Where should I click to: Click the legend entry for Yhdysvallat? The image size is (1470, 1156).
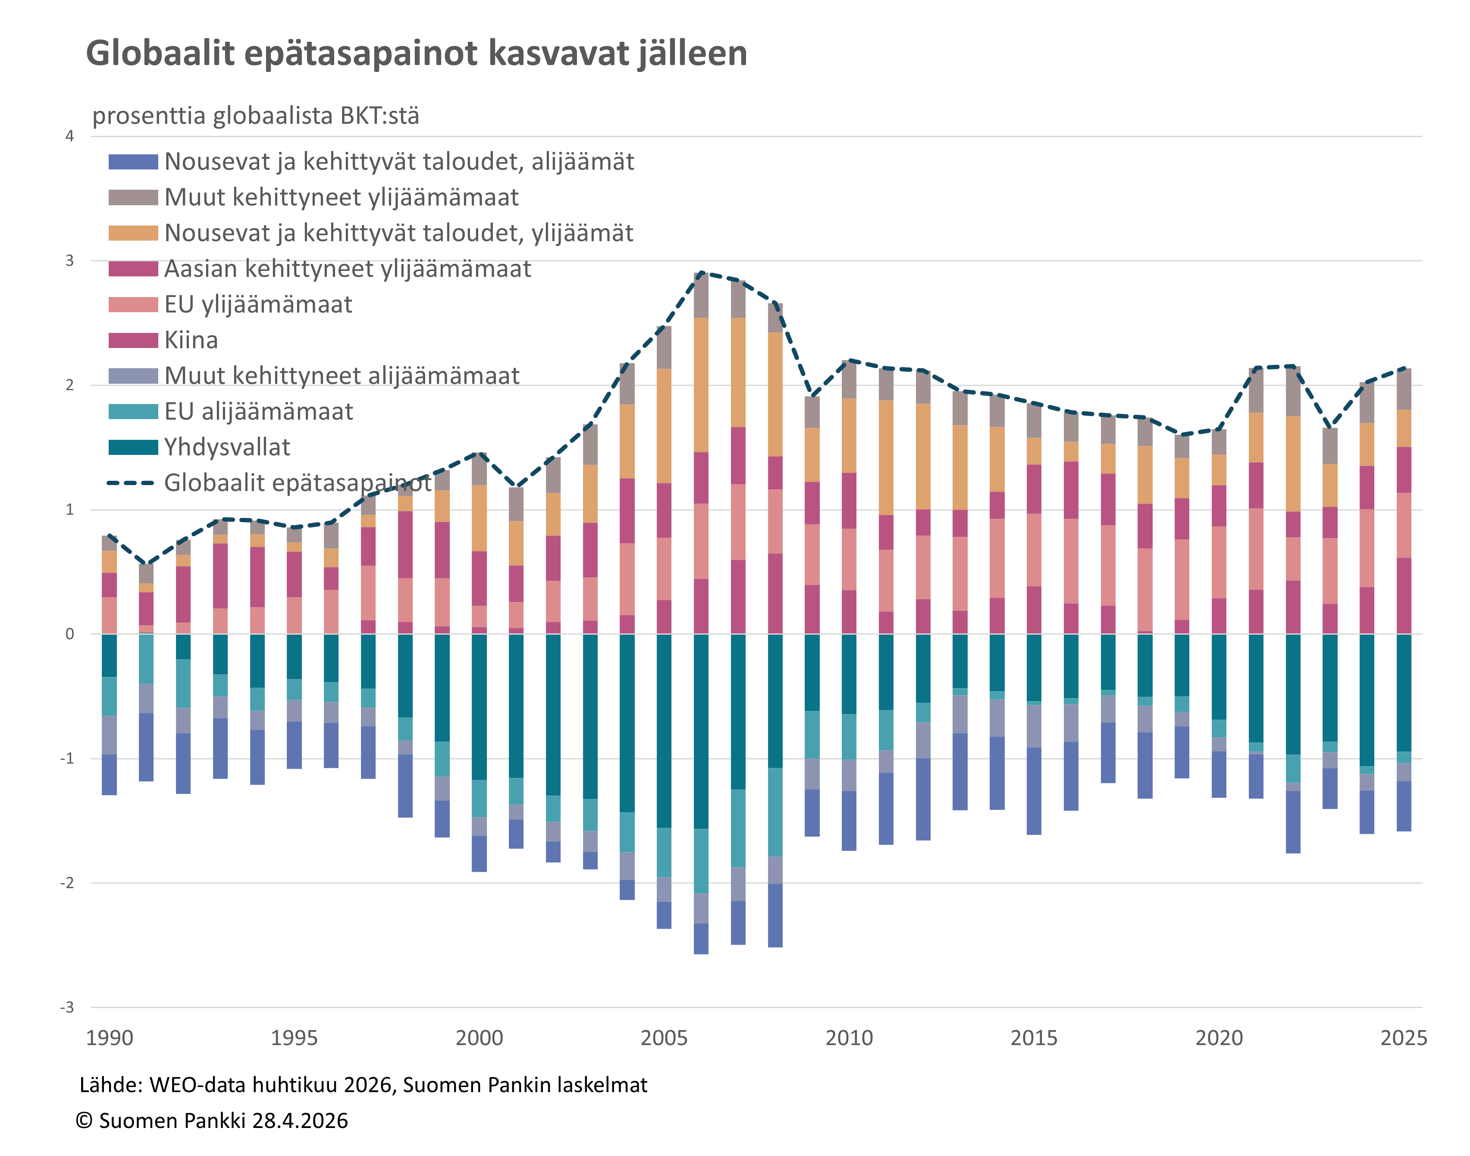pos(227,448)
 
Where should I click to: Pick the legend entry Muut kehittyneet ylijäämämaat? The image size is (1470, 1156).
pos(341,197)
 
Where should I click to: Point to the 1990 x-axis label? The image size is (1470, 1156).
pos(109,1037)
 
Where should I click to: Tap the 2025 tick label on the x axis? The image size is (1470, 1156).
pos(1403,1037)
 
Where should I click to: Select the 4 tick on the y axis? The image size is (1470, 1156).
pos(70,136)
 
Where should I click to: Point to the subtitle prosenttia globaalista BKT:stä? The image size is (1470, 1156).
pos(255,116)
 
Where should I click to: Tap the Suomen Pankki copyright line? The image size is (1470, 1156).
pos(212,1121)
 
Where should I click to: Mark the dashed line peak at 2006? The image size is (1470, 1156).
pos(701,273)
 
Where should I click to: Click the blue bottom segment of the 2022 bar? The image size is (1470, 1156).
pos(1293,822)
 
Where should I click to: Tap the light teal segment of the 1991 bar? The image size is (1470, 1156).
pos(146,658)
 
